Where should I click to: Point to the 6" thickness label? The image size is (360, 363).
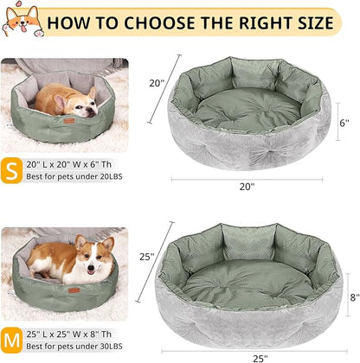pyautogui.click(x=344, y=123)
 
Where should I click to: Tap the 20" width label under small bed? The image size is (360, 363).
pyautogui.click(x=247, y=186)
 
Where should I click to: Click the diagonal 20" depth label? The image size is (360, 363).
pyautogui.click(x=157, y=82)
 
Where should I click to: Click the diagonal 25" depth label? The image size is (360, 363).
pyautogui.click(x=145, y=256)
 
